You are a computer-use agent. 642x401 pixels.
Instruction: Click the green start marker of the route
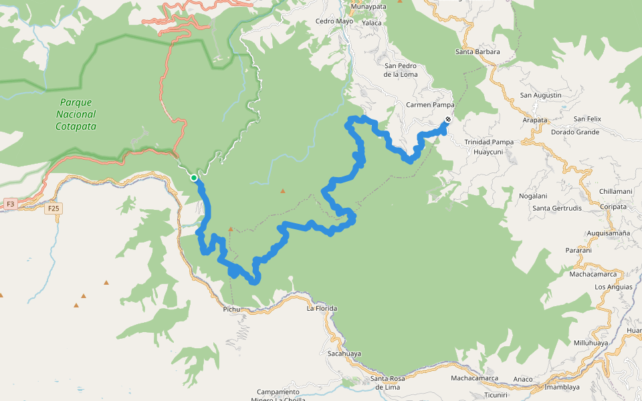coord(194,178)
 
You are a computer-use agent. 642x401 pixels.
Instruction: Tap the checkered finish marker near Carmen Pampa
coord(447,120)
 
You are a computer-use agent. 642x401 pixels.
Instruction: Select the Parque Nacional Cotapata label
coord(76,114)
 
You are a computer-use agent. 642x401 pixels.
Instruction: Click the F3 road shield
coord(10,203)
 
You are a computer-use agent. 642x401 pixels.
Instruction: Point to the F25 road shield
coord(53,209)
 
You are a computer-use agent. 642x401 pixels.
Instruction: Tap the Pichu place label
coord(231,309)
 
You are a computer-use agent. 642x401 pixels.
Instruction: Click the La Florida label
coord(322,309)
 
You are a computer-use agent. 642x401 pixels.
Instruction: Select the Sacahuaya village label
coord(344,354)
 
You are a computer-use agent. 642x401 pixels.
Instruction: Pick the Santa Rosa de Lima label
coord(388,383)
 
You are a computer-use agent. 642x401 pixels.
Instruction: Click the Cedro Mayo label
coord(334,21)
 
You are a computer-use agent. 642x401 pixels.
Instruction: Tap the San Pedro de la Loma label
coord(401,70)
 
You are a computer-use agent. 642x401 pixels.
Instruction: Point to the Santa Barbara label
coord(477,51)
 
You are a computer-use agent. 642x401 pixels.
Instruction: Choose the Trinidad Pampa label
coord(489,142)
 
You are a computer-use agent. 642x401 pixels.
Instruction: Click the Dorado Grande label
coord(574,132)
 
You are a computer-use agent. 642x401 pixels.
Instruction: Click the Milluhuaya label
coord(591,343)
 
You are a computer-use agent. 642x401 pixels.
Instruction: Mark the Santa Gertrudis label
coord(556,208)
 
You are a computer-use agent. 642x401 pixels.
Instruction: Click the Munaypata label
coord(369,7)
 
